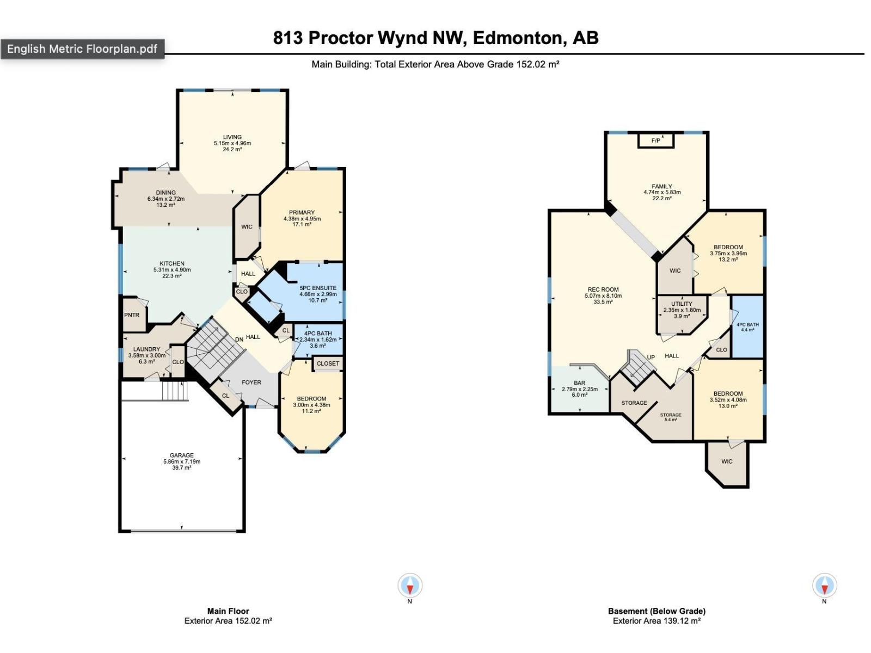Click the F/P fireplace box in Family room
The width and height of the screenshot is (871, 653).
pyautogui.click(x=656, y=141)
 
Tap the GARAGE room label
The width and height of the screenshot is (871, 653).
pyautogui.click(x=181, y=455)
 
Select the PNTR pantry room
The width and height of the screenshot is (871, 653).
pyautogui.click(x=132, y=315)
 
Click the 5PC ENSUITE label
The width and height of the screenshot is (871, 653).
pyautogui.click(x=318, y=288)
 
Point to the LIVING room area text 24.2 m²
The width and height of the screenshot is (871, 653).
pyautogui.click(x=232, y=149)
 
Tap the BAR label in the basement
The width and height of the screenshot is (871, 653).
pyautogui.click(x=579, y=383)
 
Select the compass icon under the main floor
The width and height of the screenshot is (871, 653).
pyautogui.click(x=409, y=586)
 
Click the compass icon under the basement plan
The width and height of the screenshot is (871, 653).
pyautogui.click(x=824, y=586)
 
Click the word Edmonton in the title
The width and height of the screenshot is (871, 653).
pyautogui.click(x=517, y=38)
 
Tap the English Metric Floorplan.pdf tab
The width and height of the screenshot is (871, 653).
pyautogui.click(x=82, y=49)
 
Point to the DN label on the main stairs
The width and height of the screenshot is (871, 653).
pyautogui.click(x=239, y=340)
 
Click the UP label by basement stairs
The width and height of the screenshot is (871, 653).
pyautogui.click(x=651, y=358)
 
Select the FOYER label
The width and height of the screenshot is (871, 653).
pyautogui.click(x=252, y=383)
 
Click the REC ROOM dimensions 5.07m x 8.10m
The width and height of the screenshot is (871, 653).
pyautogui.click(x=603, y=296)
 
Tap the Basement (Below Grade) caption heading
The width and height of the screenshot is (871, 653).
pyautogui.click(x=657, y=611)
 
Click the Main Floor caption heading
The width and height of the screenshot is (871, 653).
pyautogui.click(x=228, y=611)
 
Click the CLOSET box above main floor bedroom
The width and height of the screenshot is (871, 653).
pyautogui.click(x=328, y=364)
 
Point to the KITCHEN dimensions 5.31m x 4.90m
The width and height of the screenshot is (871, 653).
pyautogui.click(x=172, y=270)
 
